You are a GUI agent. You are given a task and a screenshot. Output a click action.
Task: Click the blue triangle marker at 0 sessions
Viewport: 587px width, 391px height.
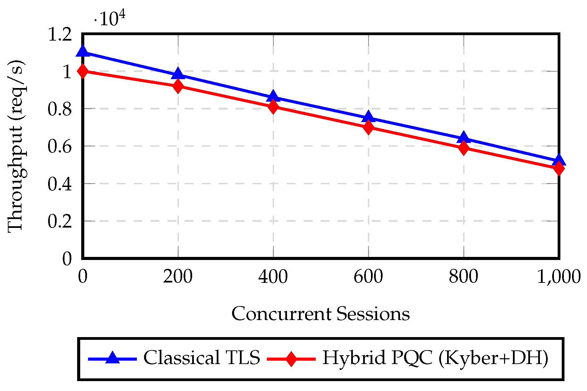click(x=83, y=52)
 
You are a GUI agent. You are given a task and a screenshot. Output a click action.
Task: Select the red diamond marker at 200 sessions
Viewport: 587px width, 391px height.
click(x=178, y=86)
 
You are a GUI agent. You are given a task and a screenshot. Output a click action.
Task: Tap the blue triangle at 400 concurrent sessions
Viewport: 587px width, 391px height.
click(x=273, y=97)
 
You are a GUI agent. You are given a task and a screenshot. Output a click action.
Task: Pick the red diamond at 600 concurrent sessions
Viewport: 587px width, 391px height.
click(x=368, y=127)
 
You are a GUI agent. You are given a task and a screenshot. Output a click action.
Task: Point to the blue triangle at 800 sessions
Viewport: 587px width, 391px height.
click(x=463, y=138)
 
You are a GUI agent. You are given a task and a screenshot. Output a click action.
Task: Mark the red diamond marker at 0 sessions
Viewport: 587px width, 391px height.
click(x=83, y=71)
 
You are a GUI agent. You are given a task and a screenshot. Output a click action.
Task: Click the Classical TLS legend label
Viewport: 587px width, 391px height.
click(x=201, y=358)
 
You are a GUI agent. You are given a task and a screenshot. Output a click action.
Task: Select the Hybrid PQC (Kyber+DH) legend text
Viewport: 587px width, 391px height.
click(x=435, y=358)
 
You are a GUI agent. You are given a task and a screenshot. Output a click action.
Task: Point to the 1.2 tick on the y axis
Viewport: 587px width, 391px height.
click(x=60, y=34)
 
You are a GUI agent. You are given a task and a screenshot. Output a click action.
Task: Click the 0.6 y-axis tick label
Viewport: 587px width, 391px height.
click(x=60, y=146)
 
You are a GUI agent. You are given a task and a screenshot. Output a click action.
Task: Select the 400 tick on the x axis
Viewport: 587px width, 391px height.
click(x=273, y=276)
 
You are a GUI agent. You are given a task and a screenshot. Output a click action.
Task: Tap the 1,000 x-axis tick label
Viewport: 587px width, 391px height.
click(x=559, y=276)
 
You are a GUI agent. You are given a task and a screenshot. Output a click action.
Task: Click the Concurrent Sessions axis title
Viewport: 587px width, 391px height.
click(x=320, y=314)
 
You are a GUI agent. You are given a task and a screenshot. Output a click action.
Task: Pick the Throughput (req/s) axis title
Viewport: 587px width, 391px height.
click(x=16, y=146)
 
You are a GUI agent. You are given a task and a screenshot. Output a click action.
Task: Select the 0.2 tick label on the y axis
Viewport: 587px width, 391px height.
click(x=60, y=221)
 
